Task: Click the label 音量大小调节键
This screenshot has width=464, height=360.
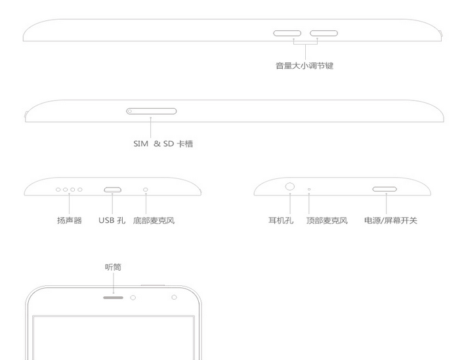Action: tap(305, 66)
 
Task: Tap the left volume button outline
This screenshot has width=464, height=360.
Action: tap(287, 30)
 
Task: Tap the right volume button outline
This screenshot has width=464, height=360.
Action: tap(324, 30)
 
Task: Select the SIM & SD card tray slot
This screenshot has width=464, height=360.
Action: tap(151, 108)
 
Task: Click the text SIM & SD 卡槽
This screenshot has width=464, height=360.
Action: tap(163, 144)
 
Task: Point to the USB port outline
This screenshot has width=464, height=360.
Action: tap(112, 188)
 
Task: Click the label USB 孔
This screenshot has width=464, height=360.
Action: tap(112, 220)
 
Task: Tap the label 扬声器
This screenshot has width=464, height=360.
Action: tap(70, 220)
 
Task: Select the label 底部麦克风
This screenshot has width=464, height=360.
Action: tap(154, 220)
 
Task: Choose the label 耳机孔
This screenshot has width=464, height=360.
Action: tap(281, 220)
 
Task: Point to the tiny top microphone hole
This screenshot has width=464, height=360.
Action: tap(309, 189)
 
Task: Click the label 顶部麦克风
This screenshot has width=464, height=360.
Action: tap(327, 220)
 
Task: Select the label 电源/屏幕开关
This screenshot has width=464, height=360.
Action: tap(390, 220)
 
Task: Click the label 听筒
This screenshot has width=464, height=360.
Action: tap(114, 267)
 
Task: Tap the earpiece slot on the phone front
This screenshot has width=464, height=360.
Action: tap(113, 298)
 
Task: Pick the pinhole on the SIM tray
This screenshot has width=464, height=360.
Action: tap(129, 111)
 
